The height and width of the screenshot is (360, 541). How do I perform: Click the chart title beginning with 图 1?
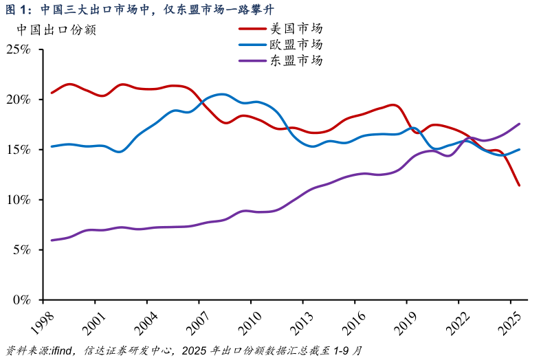coord(138,9)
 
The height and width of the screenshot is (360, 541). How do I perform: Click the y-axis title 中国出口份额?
coord(56,30)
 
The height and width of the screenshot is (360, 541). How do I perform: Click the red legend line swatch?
coord(252,29)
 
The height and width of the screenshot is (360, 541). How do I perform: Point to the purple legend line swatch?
coord(252,60)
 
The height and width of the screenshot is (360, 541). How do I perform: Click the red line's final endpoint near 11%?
coord(519,185)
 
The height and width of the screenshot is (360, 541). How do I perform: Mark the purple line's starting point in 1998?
coord(52,240)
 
